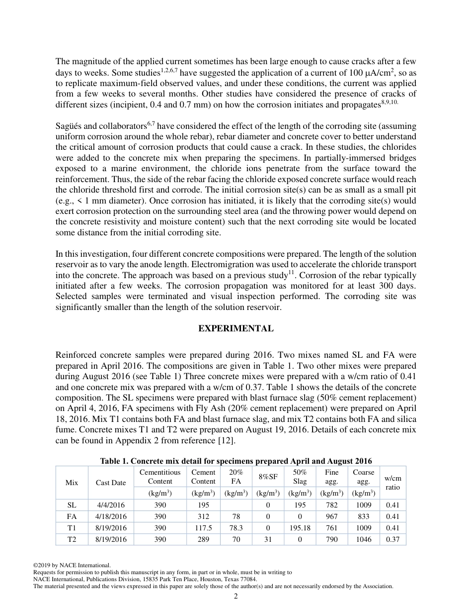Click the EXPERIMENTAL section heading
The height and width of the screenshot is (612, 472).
236,328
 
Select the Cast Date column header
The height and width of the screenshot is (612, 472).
111,483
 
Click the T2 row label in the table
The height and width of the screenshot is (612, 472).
72,539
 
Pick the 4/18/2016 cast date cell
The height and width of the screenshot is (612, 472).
111,516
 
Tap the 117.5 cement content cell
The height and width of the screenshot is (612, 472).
203,528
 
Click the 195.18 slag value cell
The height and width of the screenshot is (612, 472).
300,528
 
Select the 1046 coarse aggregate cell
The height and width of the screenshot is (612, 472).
363,539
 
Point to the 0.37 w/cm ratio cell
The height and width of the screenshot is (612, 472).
393,539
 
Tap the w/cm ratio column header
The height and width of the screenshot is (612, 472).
393,483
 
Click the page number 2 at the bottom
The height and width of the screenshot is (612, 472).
236,596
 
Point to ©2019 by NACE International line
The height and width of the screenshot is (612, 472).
72,565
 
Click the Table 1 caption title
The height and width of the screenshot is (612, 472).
236,461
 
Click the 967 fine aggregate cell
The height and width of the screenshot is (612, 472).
331,516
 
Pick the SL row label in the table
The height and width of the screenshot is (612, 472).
72,505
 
